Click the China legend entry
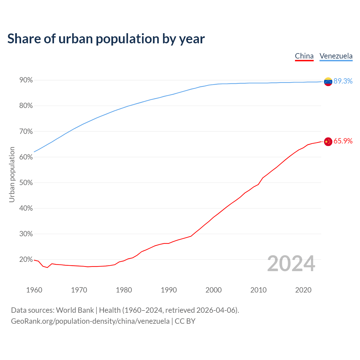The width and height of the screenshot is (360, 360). (x=304, y=56)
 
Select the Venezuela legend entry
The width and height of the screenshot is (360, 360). (x=336, y=56)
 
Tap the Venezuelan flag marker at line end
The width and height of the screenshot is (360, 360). (x=328, y=82)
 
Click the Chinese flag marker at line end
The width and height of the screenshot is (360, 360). (x=328, y=141)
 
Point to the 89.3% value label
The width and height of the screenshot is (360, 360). (x=343, y=81)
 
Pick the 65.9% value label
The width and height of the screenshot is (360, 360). (x=343, y=141)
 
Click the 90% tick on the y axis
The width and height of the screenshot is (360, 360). (x=26, y=80)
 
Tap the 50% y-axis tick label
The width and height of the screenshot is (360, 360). (x=26, y=183)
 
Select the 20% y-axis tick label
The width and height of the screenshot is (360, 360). (x=26, y=260)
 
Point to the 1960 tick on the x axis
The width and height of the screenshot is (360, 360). (x=34, y=290)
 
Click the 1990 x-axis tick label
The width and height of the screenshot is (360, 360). (x=169, y=290)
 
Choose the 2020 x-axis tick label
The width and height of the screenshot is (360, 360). (x=303, y=290)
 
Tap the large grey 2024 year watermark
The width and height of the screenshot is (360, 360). (x=291, y=264)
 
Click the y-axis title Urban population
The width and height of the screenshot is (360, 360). (x=12, y=174)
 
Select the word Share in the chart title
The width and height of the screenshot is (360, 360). (x=24, y=39)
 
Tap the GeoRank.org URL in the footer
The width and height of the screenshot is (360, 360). (x=90, y=321)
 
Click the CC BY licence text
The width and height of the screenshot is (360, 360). (x=185, y=321)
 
